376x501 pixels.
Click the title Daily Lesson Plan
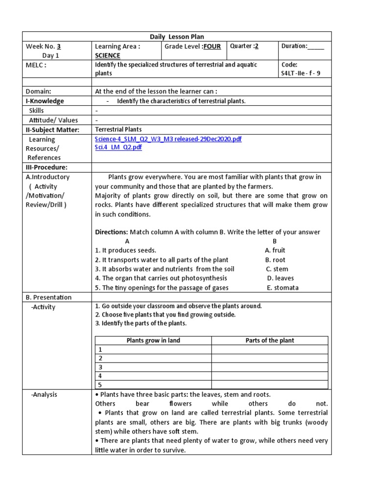tap(177, 37)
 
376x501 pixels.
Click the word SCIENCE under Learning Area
tap(107, 56)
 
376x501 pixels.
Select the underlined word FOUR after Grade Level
tap(212, 46)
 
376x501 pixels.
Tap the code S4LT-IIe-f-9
tap(301, 74)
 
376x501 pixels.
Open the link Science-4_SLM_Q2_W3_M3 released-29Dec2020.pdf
tap(168, 139)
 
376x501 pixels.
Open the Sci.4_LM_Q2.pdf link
tap(118, 147)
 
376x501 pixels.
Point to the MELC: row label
tap(36, 65)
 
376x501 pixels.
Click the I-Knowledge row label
tap(45, 101)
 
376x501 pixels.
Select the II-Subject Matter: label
tap(53, 130)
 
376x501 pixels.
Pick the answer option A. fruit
tap(279, 250)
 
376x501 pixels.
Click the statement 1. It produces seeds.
tap(125, 250)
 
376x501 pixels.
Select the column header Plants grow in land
tap(153, 341)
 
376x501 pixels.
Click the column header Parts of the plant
tap(269, 341)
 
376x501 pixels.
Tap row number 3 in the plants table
tap(100, 367)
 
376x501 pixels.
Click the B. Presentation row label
tap(48, 297)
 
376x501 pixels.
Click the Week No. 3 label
tap(44, 46)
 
